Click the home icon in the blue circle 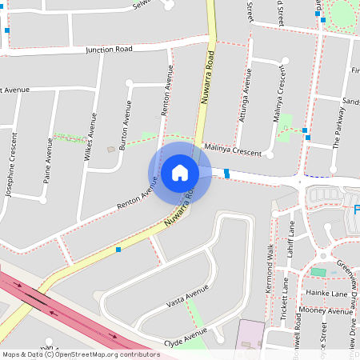pyautogui.click(x=179, y=172)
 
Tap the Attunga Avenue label pyautogui.click(x=246, y=99)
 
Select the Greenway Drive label pyautogui.click(x=347, y=276)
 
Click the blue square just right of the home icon pyautogui.click(x=227, y=173)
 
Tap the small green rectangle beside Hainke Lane pyautogui.click(x=318, y=273)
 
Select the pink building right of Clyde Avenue pyautogui.click(x=250, y=334)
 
